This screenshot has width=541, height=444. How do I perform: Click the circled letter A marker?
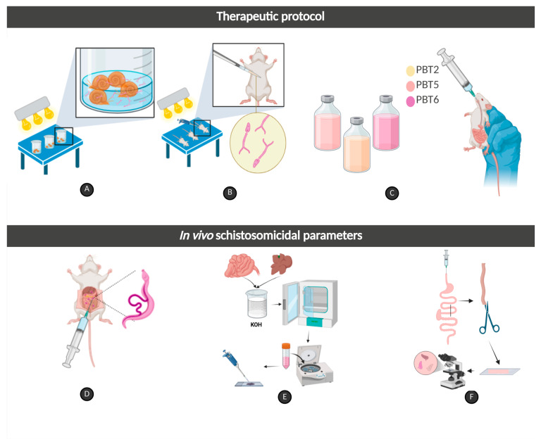[87, 189]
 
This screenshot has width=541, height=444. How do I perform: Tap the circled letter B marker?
[230, 192]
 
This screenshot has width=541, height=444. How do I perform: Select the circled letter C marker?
[392, 193]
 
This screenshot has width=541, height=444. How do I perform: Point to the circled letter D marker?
[87, 394]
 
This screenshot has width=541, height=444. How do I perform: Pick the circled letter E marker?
[285, 397]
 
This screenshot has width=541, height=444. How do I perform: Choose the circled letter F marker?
[471, 397]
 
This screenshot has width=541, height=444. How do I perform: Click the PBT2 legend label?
[427, 70]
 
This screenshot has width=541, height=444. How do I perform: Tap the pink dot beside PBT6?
[410, 101]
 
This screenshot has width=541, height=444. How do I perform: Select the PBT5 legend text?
[427, 85]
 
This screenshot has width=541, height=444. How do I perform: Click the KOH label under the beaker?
[256, 324]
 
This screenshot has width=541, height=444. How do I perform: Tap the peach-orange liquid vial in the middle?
[356, 145]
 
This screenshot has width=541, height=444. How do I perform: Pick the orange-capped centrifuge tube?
[286, 356]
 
